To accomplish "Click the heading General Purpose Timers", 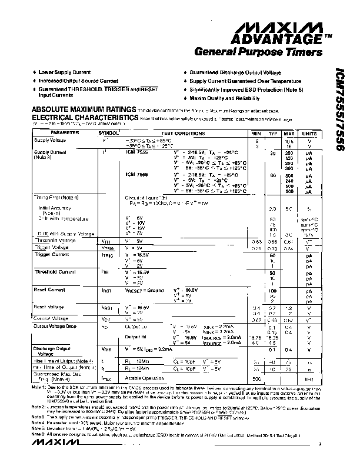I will [258, 52].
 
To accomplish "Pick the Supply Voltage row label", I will [50, 140].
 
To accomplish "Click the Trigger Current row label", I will [51, 255].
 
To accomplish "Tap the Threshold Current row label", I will [54, 272].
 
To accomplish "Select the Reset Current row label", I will [50, 289].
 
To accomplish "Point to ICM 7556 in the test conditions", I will [136, 175].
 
